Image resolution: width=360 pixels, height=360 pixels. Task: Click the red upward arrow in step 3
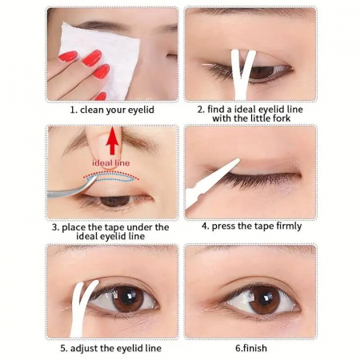(x=113, y=141)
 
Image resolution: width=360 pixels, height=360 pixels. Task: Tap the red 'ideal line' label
(x=111, y=162)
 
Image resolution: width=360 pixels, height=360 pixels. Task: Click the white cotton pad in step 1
(x=98, y=58)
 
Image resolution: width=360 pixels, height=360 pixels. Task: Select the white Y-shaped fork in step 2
(x=242, y=74)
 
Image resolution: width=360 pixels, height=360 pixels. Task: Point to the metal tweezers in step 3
(x=72, y=188)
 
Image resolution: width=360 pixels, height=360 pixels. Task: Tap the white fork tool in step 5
(x=82, y=306)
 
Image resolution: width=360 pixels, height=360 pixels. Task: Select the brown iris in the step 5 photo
(x=128, y=298)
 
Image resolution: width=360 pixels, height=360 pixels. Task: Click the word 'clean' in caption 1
(x=92, y=110)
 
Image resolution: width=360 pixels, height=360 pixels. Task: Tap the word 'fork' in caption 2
(x=282, y=118)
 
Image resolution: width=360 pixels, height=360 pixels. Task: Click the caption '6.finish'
(x=251, y=348)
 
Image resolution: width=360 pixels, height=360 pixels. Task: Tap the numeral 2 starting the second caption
(x=200, y=110)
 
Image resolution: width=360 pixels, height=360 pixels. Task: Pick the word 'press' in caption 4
(x=223, y=226)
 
